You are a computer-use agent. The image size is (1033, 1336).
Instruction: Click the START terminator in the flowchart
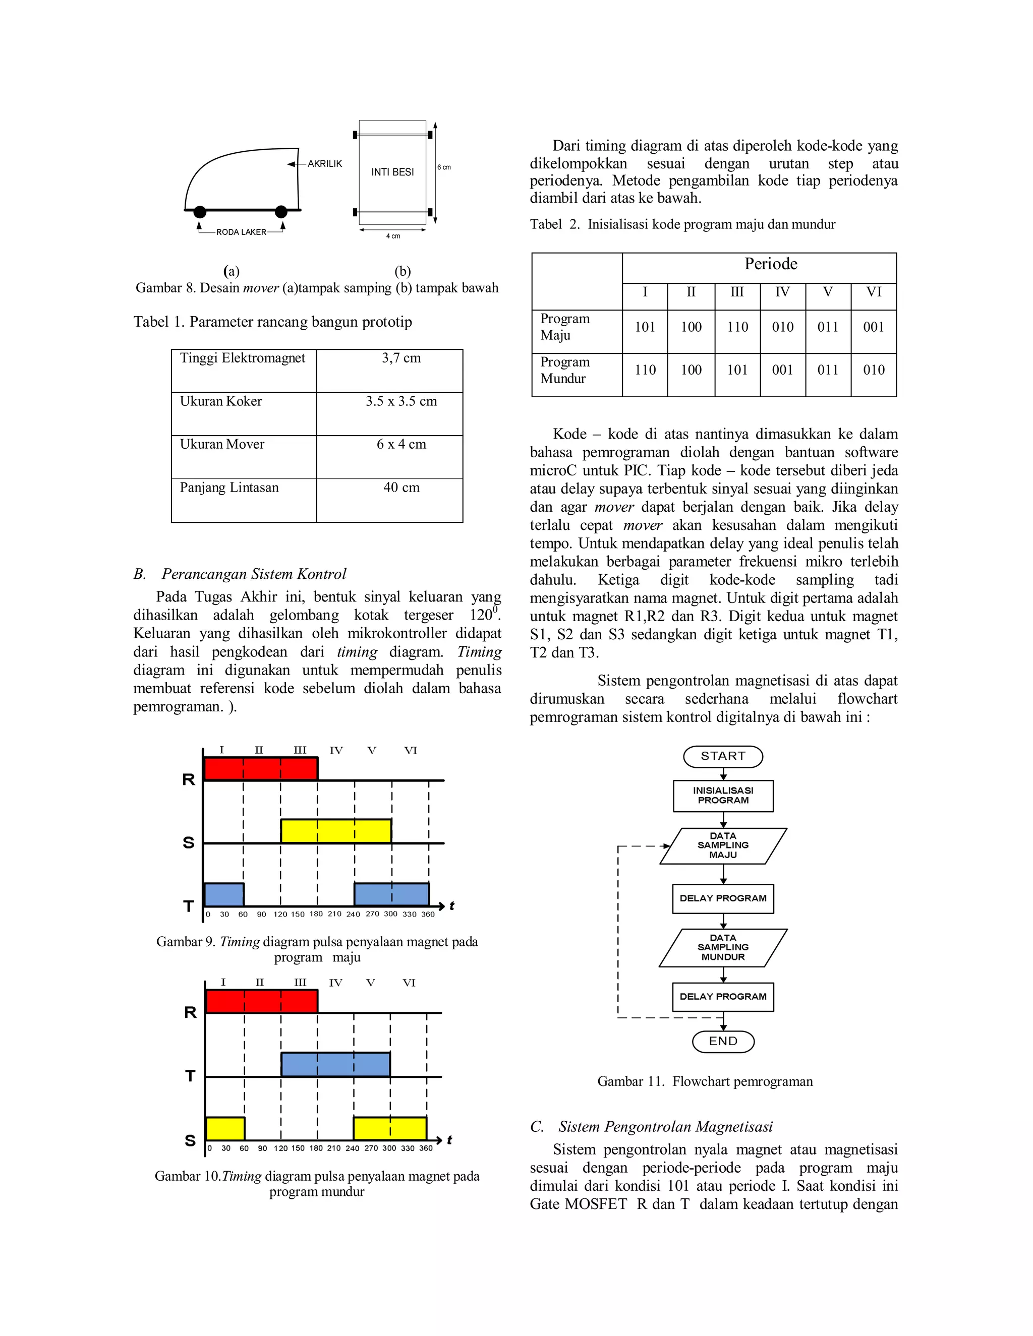click(723, 756)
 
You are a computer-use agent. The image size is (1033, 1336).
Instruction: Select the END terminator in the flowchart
click(723, 1041)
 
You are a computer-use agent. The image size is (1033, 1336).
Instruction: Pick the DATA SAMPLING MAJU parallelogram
click(723, 845)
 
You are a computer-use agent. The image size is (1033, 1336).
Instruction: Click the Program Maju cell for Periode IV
click(782, 327)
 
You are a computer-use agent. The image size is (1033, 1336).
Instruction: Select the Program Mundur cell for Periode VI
click(873, 370)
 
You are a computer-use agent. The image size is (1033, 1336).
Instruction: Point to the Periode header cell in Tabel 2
click(771, 264)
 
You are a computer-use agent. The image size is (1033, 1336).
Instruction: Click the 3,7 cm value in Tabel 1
click(401, 358)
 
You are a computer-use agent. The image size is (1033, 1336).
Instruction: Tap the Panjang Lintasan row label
click(229, 488)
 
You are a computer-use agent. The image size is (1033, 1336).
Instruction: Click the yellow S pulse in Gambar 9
click(336, 831)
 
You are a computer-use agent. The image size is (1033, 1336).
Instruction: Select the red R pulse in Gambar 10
click(261, 1001)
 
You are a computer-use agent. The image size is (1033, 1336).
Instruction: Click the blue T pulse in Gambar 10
click(335, 1064)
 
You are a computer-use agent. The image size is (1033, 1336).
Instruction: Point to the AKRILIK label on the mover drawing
click(324, 164)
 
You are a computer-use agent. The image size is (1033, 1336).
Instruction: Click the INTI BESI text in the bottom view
click(392, 172)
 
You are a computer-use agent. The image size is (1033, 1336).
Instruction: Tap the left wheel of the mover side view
click(200, 212)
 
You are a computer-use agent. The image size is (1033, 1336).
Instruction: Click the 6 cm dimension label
click(444, 167)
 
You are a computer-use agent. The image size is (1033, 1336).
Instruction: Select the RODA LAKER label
click(241, 232)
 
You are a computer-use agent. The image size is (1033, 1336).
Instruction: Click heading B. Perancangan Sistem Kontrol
click(240, 574)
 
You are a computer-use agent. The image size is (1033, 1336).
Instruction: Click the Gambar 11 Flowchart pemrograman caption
click(705, 1081)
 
